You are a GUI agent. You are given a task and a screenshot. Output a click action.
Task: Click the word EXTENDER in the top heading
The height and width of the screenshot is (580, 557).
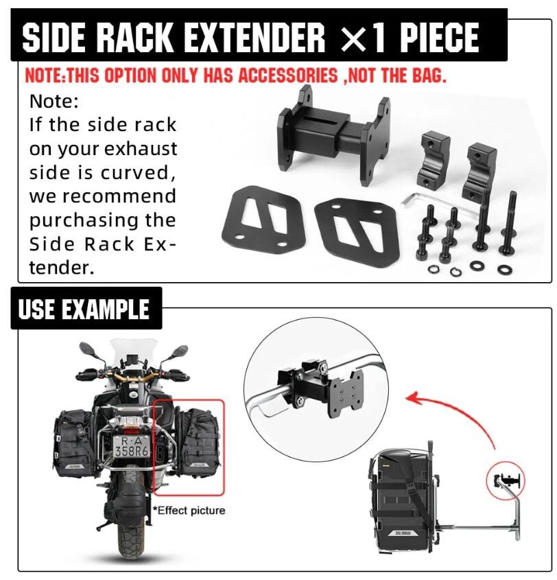[x=254, y=37]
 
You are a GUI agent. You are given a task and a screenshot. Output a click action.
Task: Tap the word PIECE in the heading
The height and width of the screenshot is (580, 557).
[x=440, y=37]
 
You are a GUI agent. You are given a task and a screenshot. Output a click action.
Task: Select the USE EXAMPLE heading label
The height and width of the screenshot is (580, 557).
[x=84, y=309]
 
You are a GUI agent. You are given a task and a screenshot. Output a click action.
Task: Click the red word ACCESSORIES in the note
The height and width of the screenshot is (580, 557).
[x=288, y=76]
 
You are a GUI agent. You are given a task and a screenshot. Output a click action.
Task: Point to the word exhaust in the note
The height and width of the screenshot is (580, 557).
[x=141, y=149]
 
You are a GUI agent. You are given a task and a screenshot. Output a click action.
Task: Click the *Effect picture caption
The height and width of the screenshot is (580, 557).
[x=189, y=511]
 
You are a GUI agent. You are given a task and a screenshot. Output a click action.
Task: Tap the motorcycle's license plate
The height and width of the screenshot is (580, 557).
[x=131, y=446]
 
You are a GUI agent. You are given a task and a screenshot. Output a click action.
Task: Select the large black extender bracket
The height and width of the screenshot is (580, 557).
[x=333, y=135]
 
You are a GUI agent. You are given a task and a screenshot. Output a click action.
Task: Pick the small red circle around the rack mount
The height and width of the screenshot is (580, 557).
[x=506, y=480]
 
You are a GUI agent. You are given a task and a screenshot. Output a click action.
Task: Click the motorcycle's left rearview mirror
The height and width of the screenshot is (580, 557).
[x=88, y=349]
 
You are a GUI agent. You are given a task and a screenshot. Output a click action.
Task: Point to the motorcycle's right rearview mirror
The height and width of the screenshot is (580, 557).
[x=180, y=351]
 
